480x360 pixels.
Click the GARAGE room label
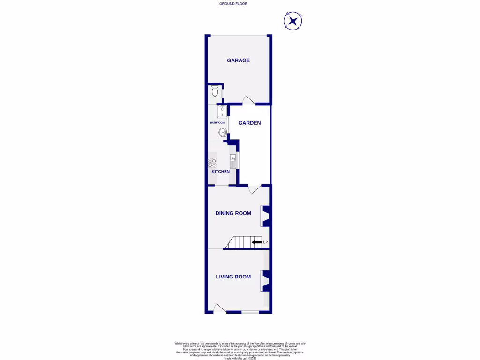238,60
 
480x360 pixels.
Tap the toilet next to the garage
215,90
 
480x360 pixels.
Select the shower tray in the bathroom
222,111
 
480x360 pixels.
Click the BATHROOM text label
217,123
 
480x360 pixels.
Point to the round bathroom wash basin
223,133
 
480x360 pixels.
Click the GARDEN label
249,123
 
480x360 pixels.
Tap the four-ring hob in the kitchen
212,163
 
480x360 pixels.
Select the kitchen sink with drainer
233,162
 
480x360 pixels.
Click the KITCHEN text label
221,172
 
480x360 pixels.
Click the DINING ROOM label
233,213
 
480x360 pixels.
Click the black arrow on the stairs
257,242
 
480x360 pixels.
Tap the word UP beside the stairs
265,242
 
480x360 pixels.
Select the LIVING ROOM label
233,277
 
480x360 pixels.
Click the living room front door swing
219,308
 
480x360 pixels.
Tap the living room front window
250,312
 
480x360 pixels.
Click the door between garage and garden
248,100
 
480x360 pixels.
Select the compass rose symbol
292,21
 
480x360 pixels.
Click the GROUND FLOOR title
233,4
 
